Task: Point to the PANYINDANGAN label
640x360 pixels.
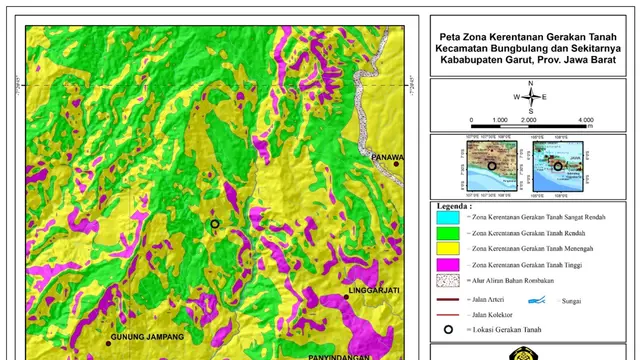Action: (x=338, y=355)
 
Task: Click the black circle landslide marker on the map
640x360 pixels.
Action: (x=214, y=225)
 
